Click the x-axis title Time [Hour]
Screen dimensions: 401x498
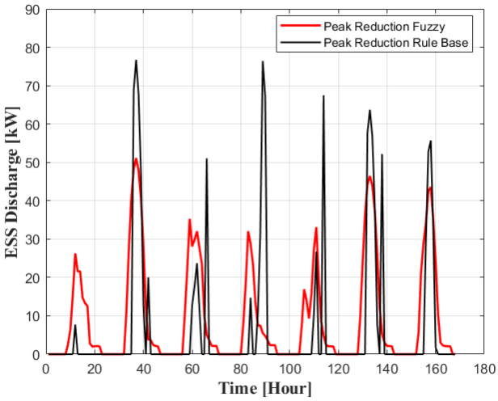(x=264, y=388)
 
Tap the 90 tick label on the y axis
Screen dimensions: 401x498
(x=31, y=10)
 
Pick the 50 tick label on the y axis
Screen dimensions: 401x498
(x=31, y=163)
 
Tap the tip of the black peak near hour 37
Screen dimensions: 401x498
(x=136, y=61)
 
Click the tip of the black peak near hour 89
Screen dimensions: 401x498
(x=262, y=61)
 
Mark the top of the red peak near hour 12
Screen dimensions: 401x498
(x=75, y=255)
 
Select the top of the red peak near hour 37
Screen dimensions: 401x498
(x=136, y=158)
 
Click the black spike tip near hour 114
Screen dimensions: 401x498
(x=323, y=96)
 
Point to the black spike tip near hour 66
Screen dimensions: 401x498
(x=206, y=159)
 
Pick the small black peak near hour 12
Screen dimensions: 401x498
(x=75, y=325)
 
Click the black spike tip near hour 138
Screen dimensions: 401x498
(x=382, y=154)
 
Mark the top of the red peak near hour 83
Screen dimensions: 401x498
(x=248, y=232)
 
